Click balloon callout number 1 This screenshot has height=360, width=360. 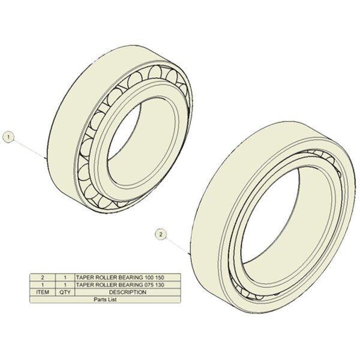click(x=8, y=137)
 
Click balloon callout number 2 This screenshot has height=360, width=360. click(x=161, y=235)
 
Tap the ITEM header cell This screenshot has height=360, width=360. click(x=43, y=292)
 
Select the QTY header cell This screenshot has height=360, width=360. click(x=65, y=292)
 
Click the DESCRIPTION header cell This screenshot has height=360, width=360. click(x=128, y=292)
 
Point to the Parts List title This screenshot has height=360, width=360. click(x=105, y=299)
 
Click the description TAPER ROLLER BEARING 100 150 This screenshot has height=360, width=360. click(x=120, y=277)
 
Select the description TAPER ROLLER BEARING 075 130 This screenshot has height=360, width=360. click(x=120, y=285)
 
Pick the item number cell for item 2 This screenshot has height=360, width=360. click(x=43, y=277)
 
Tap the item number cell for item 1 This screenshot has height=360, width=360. click(x=43, y=285)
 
